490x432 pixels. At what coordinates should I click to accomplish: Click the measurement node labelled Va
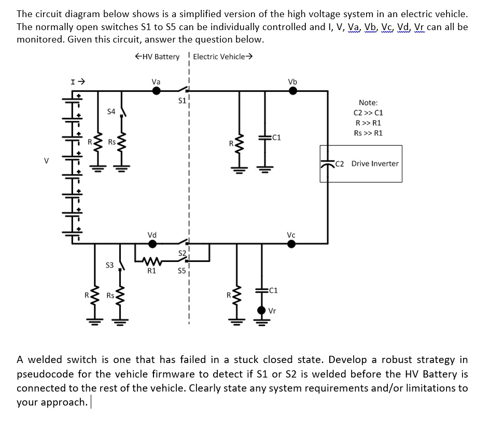[x=156, y=91]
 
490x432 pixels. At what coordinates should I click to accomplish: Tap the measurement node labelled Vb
[x=292, y=91]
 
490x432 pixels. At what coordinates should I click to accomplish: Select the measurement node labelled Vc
[x=291, y=244]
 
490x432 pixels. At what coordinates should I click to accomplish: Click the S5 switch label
[x=181, y=270]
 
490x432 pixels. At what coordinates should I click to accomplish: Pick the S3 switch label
[x=109, y=265]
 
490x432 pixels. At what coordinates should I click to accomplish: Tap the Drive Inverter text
[x=375, y=164]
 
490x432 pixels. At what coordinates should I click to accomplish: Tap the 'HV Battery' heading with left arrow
[x=156, y=57]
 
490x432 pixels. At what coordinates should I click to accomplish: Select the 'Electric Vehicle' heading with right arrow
[x=222, y=57]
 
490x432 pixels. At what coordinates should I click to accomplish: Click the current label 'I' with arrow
[x=78, y=81]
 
